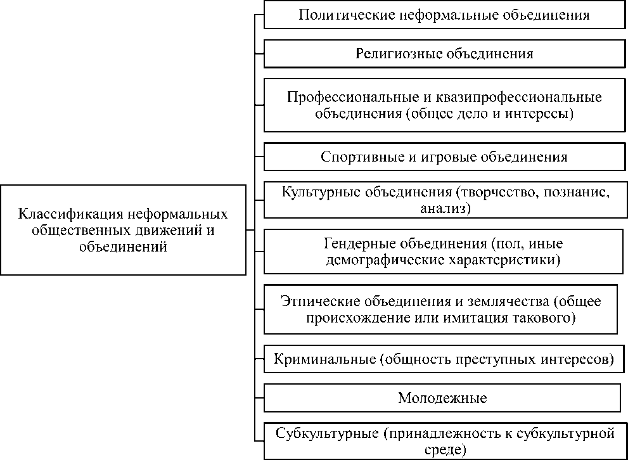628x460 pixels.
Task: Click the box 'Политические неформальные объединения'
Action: tap(444, 16)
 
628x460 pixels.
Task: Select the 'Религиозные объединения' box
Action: tap(444, 54)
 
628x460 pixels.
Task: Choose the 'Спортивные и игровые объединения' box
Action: tap(444, 156)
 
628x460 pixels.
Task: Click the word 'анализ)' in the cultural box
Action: tap(445, 207)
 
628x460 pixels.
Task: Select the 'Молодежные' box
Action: tap(442, 398)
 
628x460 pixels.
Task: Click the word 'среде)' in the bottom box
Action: tap(445, 450)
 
